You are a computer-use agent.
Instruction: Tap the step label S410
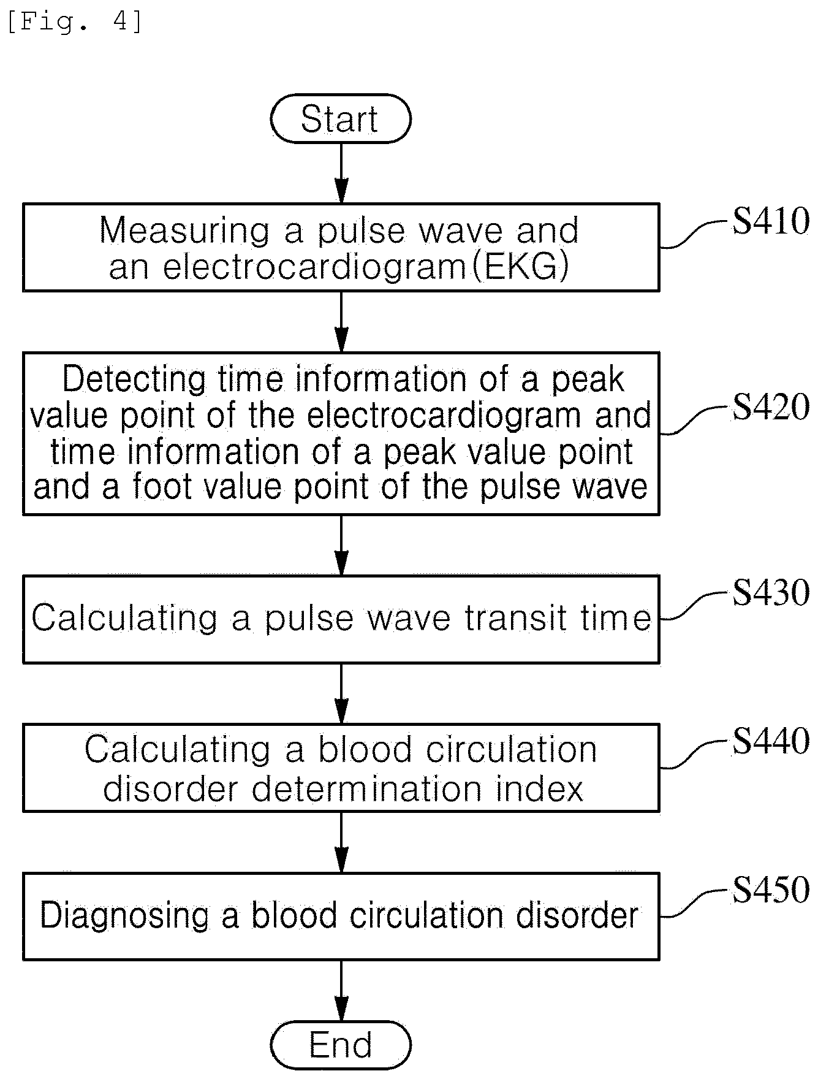[x=771, y=221]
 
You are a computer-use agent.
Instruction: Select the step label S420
[x=771, y=406]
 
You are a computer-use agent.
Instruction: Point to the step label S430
[x=771, y=593]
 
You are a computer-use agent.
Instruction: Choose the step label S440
[x=771, y=741]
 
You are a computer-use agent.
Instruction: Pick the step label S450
[x=771, y=890]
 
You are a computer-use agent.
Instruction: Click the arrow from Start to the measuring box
[x=341, y=173]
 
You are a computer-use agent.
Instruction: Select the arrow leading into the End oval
[x=341, y=990]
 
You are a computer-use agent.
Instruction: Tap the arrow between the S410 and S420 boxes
[x=341, y=321]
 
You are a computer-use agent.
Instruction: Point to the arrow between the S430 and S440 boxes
[x=341, y=693]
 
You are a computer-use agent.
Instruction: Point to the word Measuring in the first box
[x=184, y=232]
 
